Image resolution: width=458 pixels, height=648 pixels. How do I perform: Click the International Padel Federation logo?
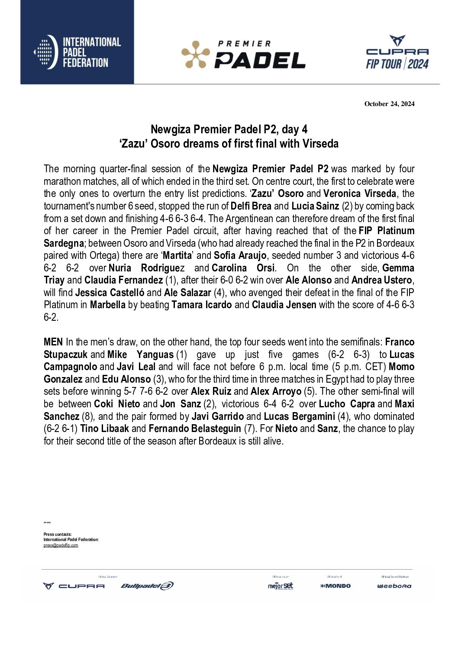tap(77, 52)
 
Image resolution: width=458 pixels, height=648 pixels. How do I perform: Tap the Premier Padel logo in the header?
tap(243, 55)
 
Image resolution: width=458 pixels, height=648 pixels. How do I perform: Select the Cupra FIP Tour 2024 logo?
tap(397, 53)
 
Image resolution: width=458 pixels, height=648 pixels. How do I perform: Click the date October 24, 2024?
tap(389, 103)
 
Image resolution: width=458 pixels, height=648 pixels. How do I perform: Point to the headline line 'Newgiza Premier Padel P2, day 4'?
tap(229, 129)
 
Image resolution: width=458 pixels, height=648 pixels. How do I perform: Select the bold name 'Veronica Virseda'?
tap(359, 193)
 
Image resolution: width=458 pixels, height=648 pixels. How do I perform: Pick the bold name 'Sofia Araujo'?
tap(240, 255)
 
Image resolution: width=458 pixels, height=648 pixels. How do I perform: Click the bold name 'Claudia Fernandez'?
tap(123, 280)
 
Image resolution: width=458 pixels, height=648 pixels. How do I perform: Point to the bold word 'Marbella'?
tap(107, 305)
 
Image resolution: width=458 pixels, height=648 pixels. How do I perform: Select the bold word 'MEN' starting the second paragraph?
tap(53, 342)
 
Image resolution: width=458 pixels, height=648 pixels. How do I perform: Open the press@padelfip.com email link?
tap(61, 545)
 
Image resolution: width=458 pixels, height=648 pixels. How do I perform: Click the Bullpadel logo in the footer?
tap(147, 586)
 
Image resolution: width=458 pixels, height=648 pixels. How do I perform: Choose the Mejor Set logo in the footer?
tap(280, 586)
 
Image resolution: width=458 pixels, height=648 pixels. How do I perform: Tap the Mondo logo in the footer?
tap(335, 586)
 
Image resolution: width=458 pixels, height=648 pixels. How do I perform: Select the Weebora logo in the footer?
tap(394, 586)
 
